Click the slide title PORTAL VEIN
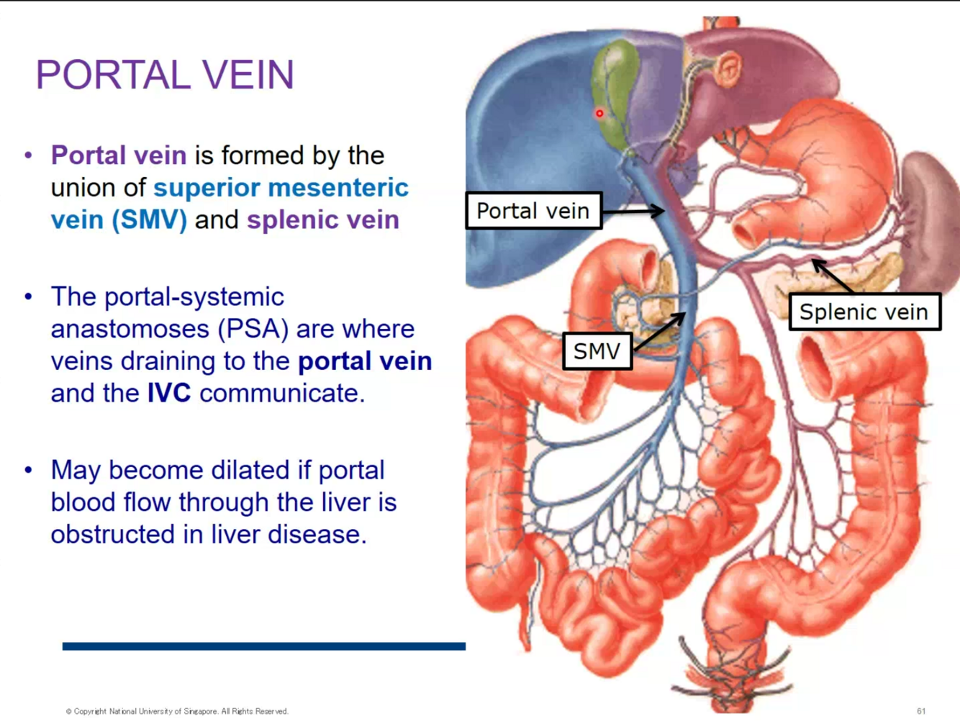tap(165, 75)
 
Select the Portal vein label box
tap(533, 211)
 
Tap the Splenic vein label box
tap(864, 312)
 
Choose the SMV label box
tap(597, 351)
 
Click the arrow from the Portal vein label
tap(633, 211)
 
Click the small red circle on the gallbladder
tap(599, 113)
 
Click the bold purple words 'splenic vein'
tap(322, 220)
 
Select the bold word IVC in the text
tap(169, 393)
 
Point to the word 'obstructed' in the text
tap(119, 534)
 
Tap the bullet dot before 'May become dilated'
tap(29, 470)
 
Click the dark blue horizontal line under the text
tap(263, 646)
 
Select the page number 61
tap(921, 711)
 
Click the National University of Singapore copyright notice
tap(177, 711)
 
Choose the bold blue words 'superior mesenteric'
tap(281, 188)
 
